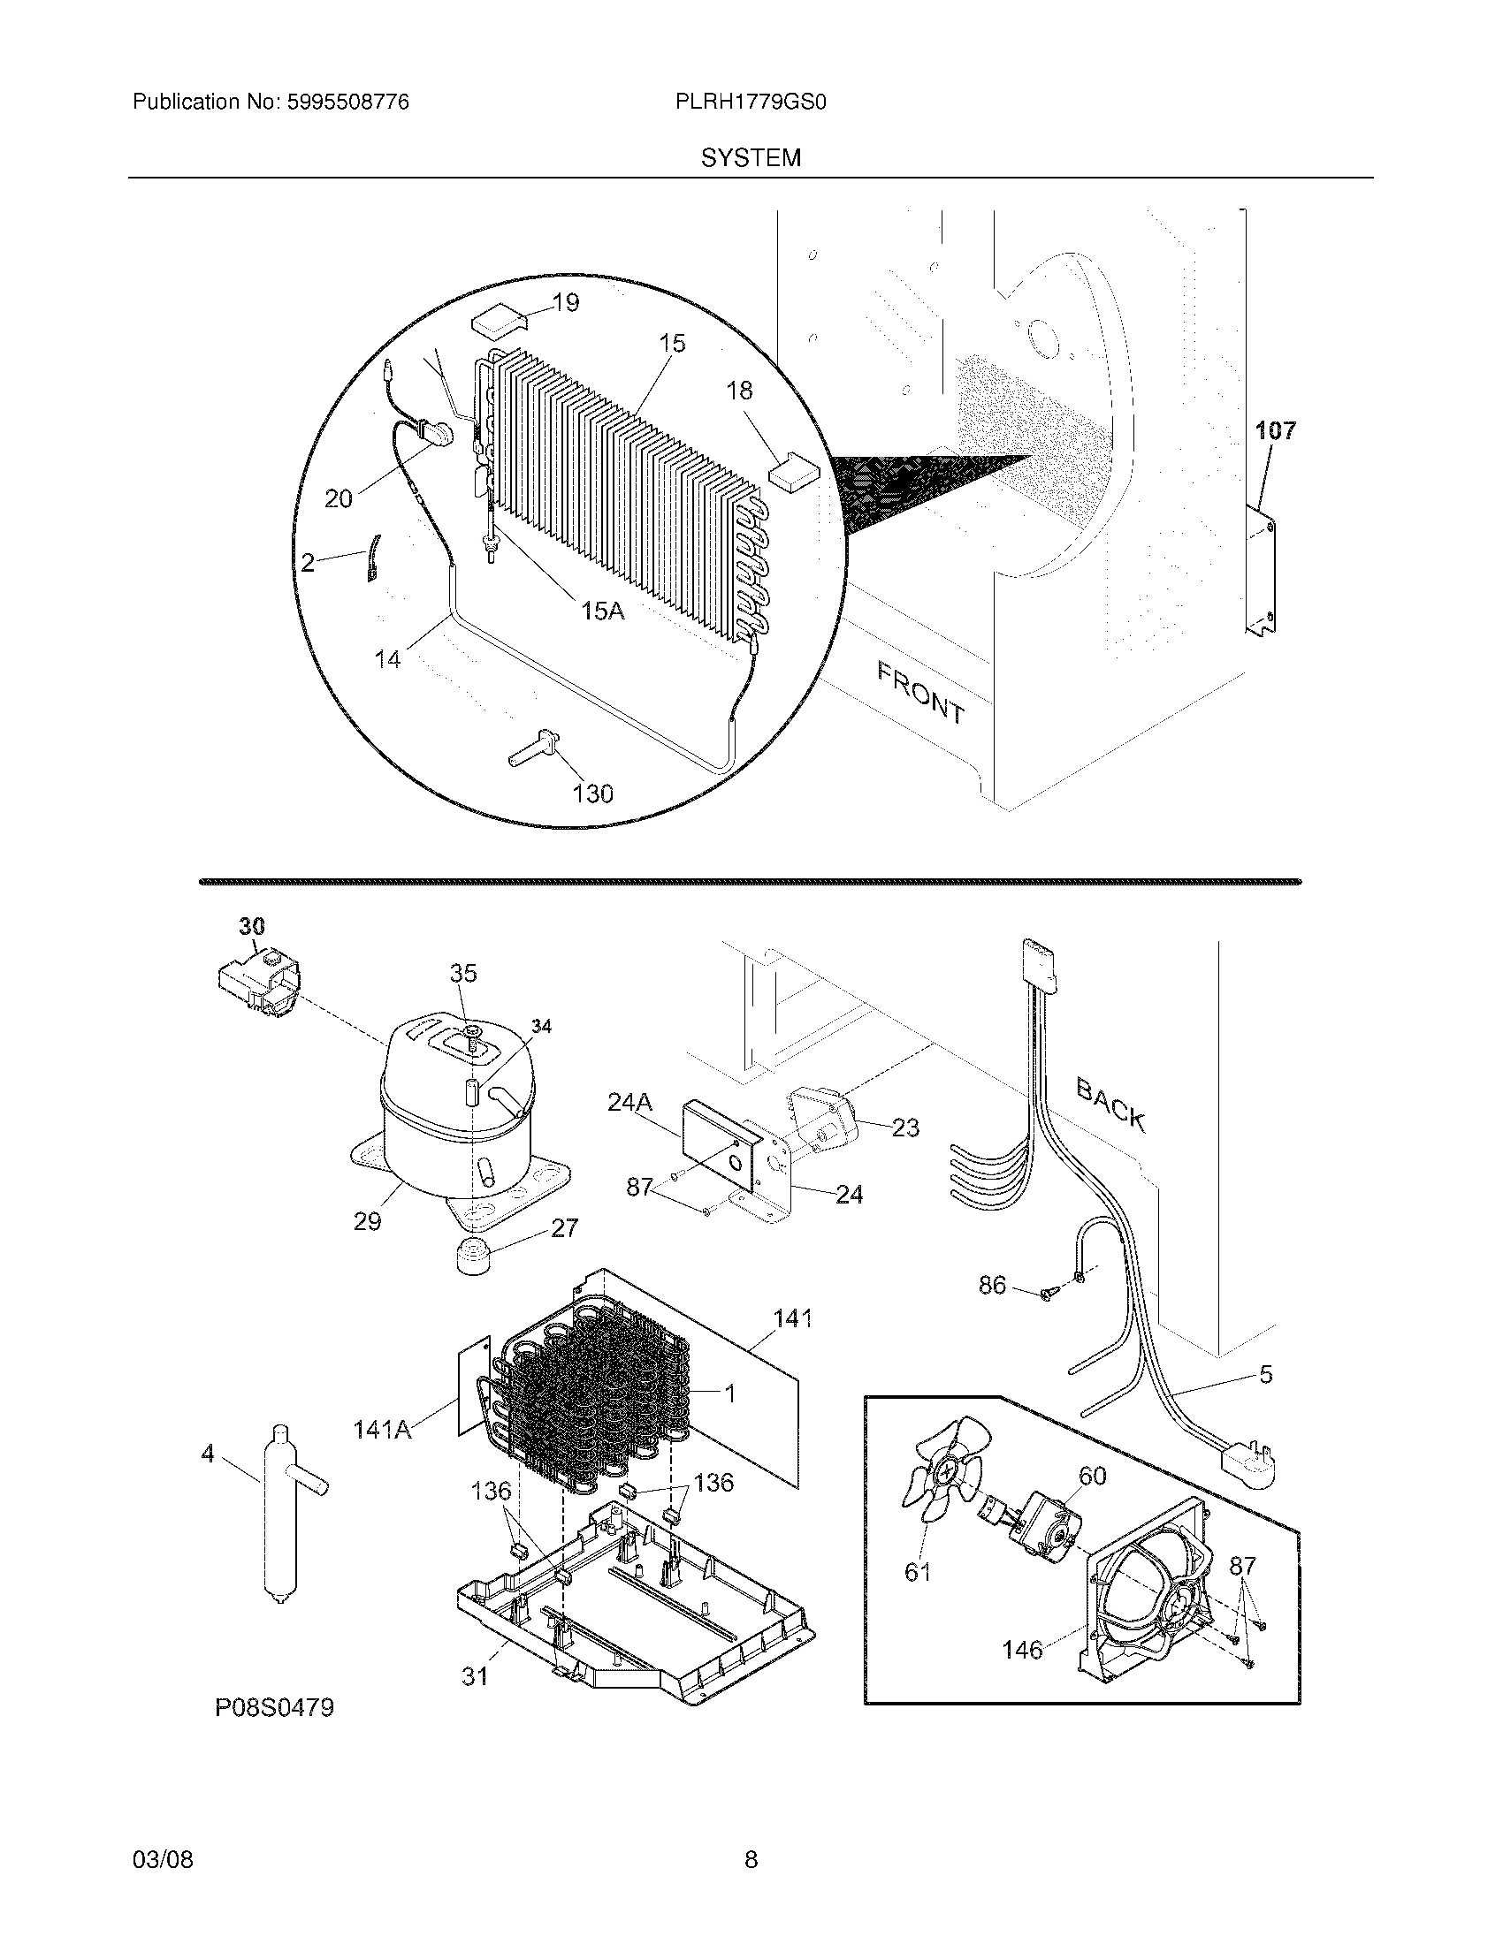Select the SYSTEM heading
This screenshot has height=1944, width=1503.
click(751, 158)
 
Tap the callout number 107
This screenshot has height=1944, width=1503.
click(1275, 431)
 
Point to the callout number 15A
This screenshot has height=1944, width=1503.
click(602, 611)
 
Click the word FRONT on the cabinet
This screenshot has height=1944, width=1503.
click(920, 693)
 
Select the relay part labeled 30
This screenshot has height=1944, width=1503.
click(257, 980)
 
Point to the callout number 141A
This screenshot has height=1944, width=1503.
click(382, 1431)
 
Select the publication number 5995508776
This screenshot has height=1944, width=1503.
click(347, 103)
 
